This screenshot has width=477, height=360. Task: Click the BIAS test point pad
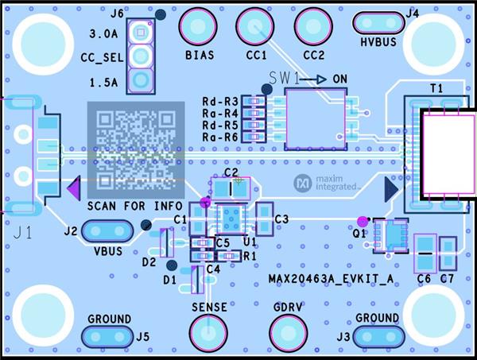pyautogui.click(x=199, y=26)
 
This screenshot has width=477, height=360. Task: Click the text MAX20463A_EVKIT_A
pyautogui.click(x=330, y=279)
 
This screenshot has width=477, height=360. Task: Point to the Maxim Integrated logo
pyautogui.click(x=327, y=183)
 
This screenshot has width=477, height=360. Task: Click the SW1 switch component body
pyautogui.click(x=316, y=118)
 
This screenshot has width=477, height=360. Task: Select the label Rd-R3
pyautogui.click(x=220, y=102)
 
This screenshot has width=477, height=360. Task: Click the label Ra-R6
pyautogui.click(x=220, y=137)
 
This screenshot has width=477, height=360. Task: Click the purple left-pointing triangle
pyautogui.click(x=72, y=189)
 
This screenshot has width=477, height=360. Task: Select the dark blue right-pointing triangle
pyautogui.click(x=390, y=189)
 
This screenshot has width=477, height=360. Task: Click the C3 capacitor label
pyautogui.click(x=281, y=219)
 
